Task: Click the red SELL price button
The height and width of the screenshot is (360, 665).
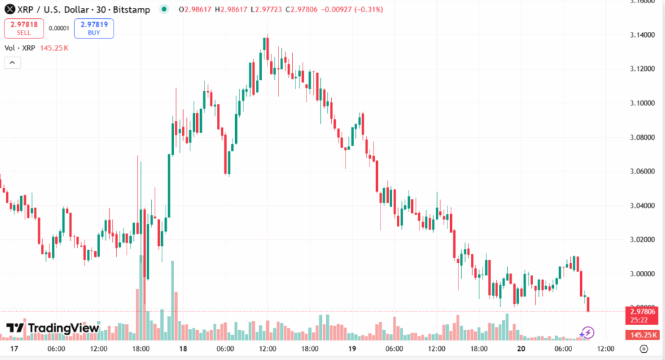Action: (23, 28)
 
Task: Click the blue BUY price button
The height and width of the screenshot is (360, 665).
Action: (94, 28)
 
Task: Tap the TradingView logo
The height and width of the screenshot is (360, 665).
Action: (53, 328)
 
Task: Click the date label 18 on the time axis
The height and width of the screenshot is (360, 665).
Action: (183, 349)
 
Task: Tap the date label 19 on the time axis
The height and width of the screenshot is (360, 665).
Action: (352, 349)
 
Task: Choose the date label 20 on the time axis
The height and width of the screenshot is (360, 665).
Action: (521, 349)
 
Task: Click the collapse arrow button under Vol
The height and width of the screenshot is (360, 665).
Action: (12, 62)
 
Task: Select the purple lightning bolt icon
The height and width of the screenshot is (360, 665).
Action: (587, 333)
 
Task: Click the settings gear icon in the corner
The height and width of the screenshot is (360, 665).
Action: (642, 350)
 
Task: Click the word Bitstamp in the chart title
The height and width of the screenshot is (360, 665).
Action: (134, 9)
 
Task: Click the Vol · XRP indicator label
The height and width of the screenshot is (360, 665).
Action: (19, 48)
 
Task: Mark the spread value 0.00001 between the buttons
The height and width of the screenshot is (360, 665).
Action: (58, 29)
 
